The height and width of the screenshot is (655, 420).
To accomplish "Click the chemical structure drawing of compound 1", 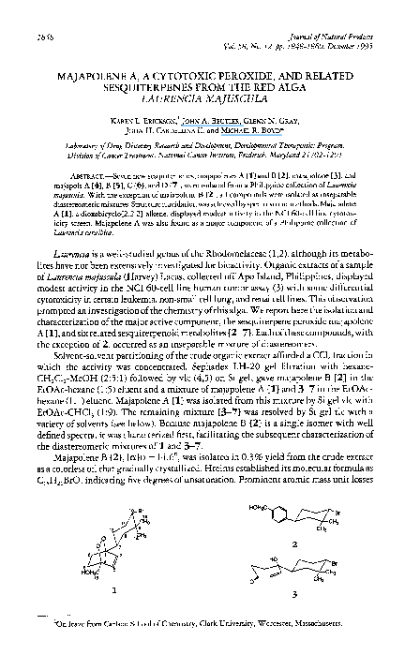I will coord(117,544).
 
